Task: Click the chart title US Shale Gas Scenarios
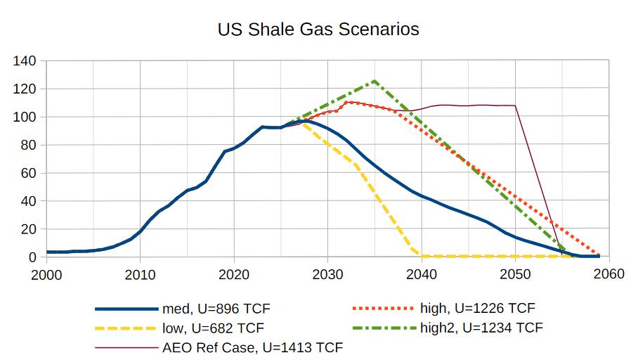tap(318, 30)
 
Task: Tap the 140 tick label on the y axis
tap(25, 61)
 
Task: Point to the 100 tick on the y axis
tap(25, 117)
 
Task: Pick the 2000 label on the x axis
tap(46, 274)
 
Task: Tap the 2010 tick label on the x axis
tap(140, 274)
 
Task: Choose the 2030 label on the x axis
tap(327, 274)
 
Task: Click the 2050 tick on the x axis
tap(515, 274)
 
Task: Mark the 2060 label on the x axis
tap(608, 274)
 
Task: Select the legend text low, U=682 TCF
tap(214, 328)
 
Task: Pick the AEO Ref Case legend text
tap(252, 347)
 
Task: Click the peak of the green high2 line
tap(375, 81)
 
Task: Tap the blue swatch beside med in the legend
tap(127, 309)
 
